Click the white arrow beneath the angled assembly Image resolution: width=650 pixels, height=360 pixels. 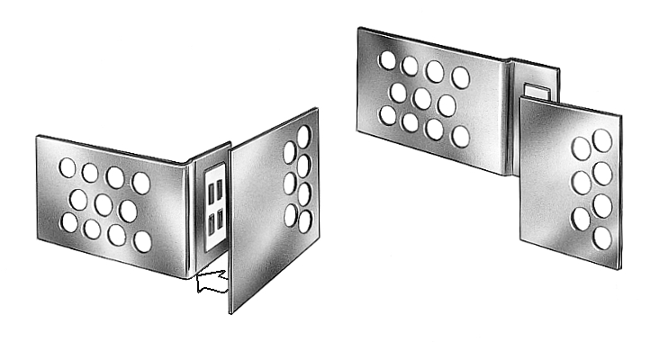[209, 281]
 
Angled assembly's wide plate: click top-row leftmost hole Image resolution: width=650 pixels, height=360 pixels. [68, 167]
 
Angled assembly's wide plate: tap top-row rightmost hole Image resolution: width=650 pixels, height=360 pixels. [141, 183]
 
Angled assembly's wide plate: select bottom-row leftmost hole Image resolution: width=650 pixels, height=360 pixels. [68, 222]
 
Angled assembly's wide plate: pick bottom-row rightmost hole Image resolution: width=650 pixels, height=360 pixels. [142, 241]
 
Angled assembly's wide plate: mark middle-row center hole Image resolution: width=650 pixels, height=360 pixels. [103, 205]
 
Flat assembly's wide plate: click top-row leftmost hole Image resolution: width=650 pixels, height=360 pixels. [387, 60]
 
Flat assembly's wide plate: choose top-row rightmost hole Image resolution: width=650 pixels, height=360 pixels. [460, 77]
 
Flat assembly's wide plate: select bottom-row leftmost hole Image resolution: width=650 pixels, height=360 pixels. [388, 115]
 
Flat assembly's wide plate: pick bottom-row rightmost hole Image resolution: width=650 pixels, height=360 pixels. [460, 136]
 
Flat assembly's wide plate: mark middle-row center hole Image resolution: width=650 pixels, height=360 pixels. [422, 98]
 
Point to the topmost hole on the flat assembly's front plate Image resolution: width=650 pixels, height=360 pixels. [601, 139]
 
